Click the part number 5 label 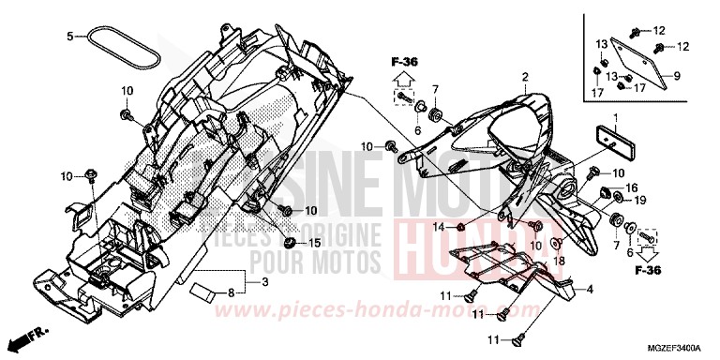tap(69, 37)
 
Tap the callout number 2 tap(526, 76)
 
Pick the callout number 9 tap(676, 74)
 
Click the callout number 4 tap(590, 290)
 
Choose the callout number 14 tap(438, 227)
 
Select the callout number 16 tap(630, 187)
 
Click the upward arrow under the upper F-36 tap(405, 80)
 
